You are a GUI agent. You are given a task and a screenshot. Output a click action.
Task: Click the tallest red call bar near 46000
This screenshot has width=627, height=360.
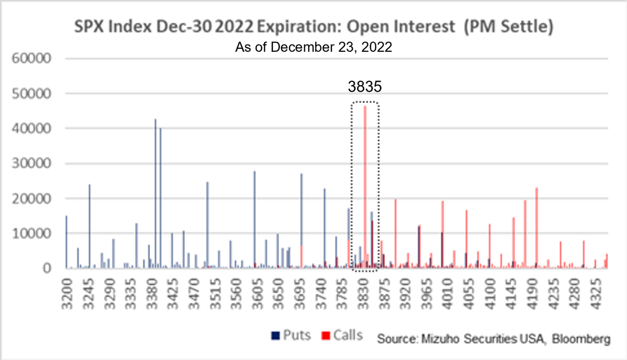point(365,184)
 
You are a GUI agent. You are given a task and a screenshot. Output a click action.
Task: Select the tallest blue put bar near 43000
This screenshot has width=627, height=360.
point(156,192)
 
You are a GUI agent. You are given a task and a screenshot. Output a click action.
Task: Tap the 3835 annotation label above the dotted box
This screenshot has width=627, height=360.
point(365,87)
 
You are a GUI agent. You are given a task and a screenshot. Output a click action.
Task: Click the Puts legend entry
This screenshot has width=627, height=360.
point(291,335)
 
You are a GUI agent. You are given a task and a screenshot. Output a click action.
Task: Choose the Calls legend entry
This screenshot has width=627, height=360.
point(342,335)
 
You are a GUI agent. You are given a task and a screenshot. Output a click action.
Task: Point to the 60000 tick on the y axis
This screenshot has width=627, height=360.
point(31,58)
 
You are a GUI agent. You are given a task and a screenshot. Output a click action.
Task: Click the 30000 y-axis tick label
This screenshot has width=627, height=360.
point(31,163)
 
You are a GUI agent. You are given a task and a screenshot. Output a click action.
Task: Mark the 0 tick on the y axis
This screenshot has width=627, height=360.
point(47,268)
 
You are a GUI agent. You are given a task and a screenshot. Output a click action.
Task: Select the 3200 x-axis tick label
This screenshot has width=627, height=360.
point(67,294)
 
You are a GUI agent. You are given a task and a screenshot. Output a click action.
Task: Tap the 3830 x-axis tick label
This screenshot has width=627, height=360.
point(363,294)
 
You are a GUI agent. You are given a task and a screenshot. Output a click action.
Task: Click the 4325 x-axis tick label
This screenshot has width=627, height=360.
point(596,294)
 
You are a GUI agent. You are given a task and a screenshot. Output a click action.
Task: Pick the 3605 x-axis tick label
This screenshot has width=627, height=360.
point(257,294)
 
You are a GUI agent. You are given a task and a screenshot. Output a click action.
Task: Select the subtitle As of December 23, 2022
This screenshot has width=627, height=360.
point(313,47)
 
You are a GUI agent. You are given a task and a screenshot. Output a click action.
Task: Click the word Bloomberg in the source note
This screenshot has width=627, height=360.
point(581,339)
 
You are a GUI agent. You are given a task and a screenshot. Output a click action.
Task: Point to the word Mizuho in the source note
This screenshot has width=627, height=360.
point(440,339)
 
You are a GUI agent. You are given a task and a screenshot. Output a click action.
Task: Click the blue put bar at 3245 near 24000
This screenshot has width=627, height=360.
point(90,224)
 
